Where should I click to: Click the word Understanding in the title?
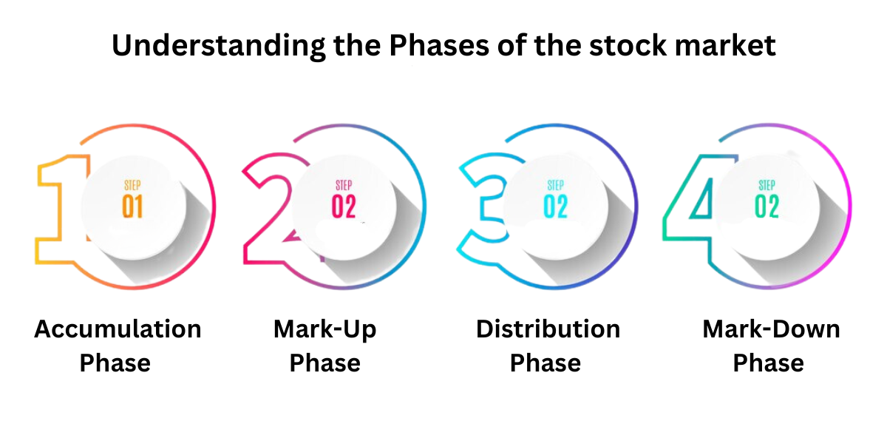coord(219,46)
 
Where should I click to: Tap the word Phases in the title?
coord(439,45)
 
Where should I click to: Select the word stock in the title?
coord(628,45)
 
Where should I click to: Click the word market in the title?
coord(725,45)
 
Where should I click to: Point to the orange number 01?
coord(132,206)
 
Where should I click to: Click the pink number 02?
coord(344,206)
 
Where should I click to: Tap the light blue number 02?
coord(556,206)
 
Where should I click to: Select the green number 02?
coord(767,206)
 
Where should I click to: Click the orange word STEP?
coord(132,185)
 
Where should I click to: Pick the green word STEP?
coord(767,185)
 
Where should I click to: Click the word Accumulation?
coord(118,329)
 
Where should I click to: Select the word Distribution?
coord(548,329)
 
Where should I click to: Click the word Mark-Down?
coord(772,329)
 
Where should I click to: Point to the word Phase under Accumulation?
coord(115,363)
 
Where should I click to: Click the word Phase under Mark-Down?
coord(769,363)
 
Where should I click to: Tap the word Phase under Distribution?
coord(546,363)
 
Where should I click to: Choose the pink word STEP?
coord(344,185)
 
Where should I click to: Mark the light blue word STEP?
coord(556,185)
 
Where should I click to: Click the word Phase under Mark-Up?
coord(325,363)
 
